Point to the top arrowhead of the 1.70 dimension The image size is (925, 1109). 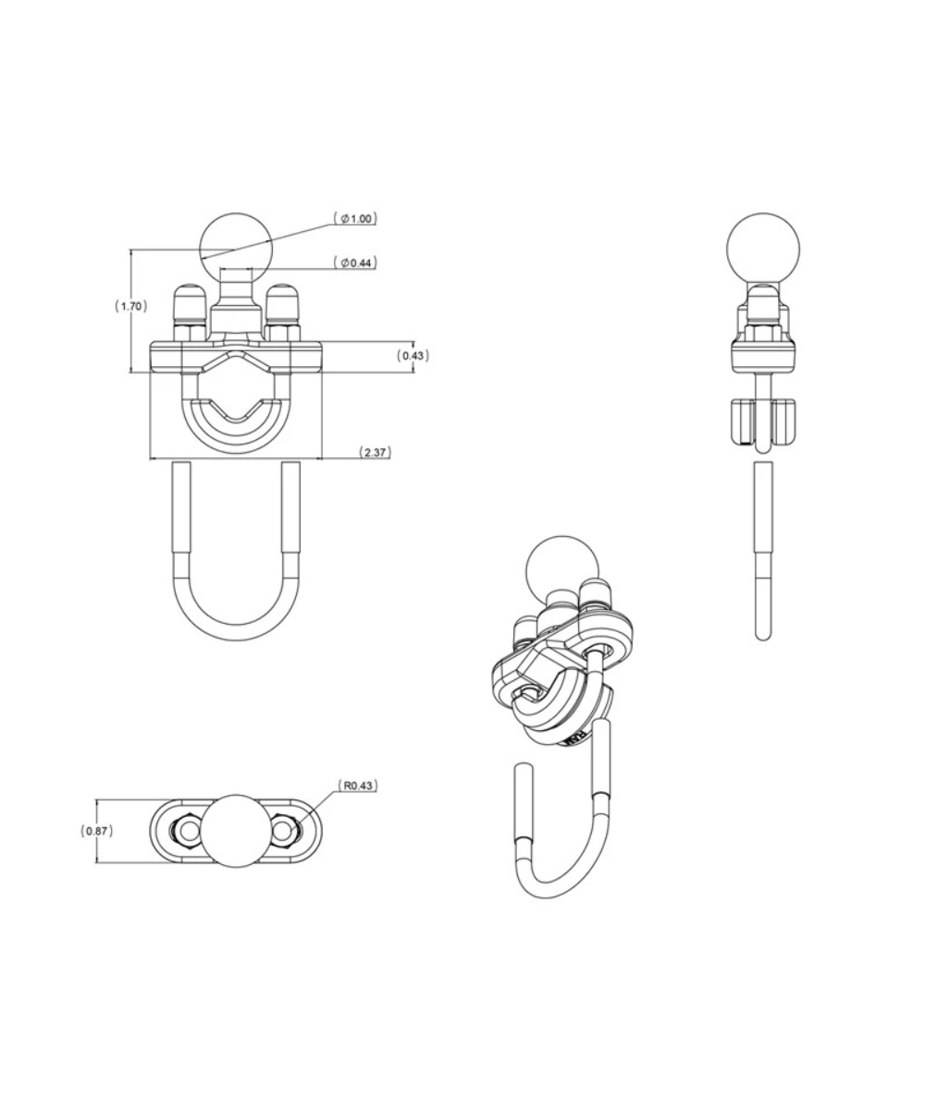131,251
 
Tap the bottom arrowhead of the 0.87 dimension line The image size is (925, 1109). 97,859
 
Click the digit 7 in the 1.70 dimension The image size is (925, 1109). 130,306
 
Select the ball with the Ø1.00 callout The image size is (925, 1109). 236,250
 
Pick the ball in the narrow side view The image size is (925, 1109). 763,249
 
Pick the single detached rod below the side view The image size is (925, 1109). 763,552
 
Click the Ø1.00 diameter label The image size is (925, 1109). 355,218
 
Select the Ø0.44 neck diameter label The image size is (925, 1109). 355,262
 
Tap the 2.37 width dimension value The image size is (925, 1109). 375,453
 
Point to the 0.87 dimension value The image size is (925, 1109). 97,831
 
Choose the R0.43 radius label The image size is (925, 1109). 358,786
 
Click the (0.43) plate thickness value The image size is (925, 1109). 413,355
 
